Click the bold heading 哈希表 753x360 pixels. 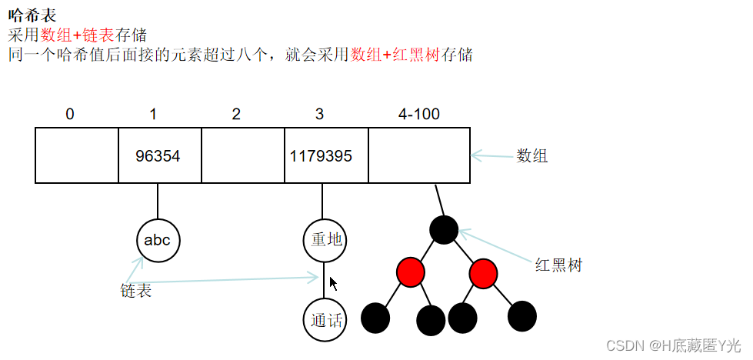pyautogui.click(x=32, y=15)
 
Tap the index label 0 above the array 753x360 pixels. pyautogui.click(x=70, y=115)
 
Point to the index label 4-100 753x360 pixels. pyautogui.click(x=418, y=115)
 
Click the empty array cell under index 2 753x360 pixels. pyautogui.click(x=242, y=155)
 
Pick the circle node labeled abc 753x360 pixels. pyautogui.click(x=158, y=240)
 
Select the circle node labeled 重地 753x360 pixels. pyautogui.click(x=325, y=240)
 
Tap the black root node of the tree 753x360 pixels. pyautogui.click(x=444, y=229)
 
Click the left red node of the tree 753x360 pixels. pyautogui.click(x=411, y=272)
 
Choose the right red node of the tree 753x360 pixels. pyautogui.click(x=482, y=272)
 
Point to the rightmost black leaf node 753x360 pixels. pyautogui.click(x=522, y=315)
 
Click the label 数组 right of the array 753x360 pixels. pyautogui.click(x=531, y=156)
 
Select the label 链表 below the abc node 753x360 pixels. pyautogui.click(x=136, y=291)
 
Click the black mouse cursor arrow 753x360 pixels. pyautogui.click(x=333, y=284)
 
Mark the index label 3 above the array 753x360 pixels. pyautogui.click(x=319, y=115)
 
